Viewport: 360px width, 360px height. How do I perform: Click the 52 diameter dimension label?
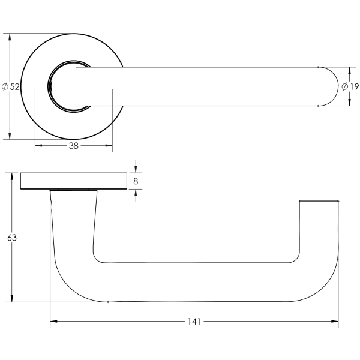pos(11,87)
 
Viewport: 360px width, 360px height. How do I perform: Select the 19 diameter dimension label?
pos(350,86)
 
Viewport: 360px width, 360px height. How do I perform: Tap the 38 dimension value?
pos(74,146)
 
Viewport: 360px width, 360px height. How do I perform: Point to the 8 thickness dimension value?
pos(136,181)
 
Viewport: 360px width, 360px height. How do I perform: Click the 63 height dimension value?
pos(12,238)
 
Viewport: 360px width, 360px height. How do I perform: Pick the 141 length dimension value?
pos(194,322)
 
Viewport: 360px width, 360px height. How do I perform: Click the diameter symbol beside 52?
pos(5,87)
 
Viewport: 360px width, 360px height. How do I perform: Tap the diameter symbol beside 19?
pos(345,86)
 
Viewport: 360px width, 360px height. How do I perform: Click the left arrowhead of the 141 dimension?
pos(54,322)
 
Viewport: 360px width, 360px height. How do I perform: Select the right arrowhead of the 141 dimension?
pos(335,322)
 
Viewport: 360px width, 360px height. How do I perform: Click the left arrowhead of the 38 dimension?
pos(38,145)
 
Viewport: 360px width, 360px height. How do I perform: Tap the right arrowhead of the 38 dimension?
pos(109,145)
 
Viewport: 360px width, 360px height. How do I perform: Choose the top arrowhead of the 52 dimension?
pos(10,37)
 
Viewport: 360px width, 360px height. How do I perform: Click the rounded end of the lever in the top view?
pos(329,86)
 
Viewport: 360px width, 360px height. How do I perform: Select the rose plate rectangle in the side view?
pos(74,181)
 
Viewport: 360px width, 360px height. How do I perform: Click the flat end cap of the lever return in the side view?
pos(319,201)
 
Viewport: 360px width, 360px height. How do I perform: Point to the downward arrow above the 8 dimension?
pos(136,169)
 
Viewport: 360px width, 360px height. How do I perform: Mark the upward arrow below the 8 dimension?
pos(136,193)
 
